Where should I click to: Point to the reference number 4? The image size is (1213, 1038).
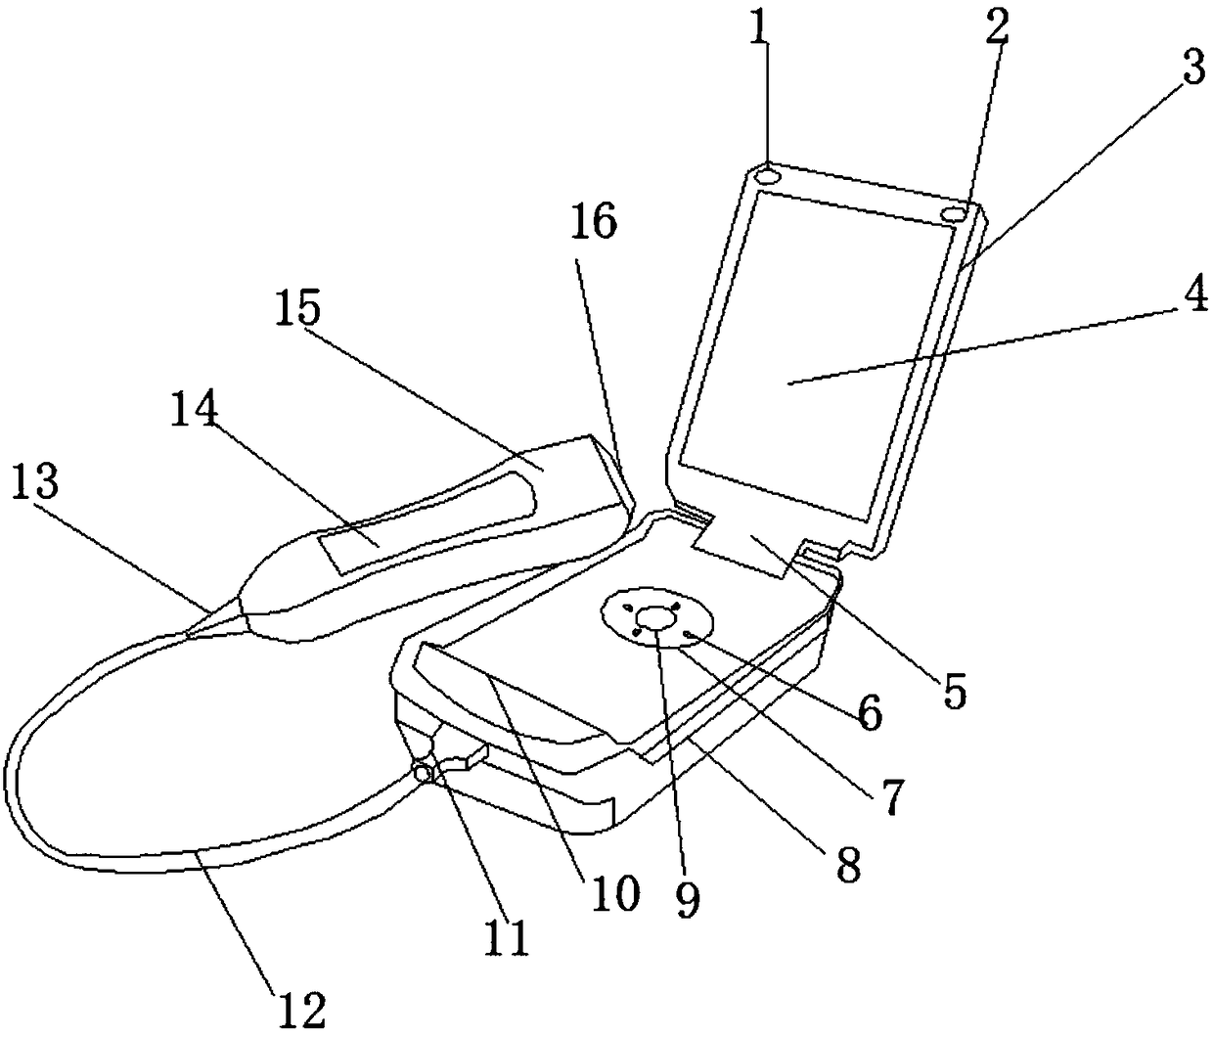click(x=1189, y=297)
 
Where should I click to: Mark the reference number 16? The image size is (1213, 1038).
click(x=595, y=223)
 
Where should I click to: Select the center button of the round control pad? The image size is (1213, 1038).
click(x=655, y=616)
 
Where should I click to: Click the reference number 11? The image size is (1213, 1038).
click(x=509, y=937)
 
